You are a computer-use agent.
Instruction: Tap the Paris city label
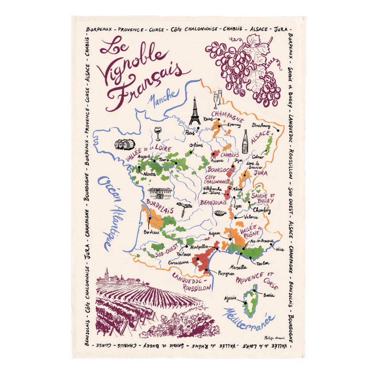coord(190,133)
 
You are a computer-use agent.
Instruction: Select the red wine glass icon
coord(157,134)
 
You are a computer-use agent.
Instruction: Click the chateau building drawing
coord(160,193)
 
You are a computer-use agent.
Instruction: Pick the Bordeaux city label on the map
coord(152,233)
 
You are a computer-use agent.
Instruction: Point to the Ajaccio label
coord(230,298)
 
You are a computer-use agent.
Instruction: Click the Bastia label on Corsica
coord(269,295)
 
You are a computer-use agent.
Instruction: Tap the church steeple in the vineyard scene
coord(107,273)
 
